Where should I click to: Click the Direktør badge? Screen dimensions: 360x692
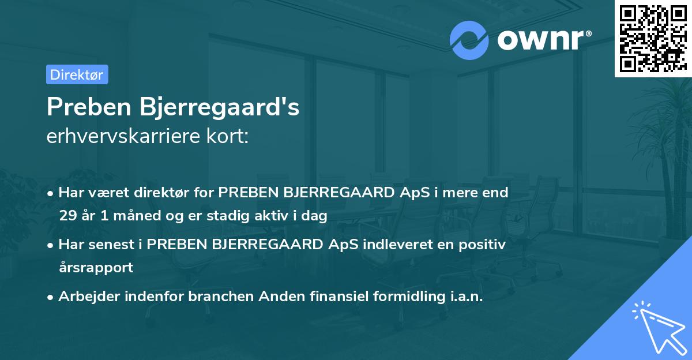tap(77, 74)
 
